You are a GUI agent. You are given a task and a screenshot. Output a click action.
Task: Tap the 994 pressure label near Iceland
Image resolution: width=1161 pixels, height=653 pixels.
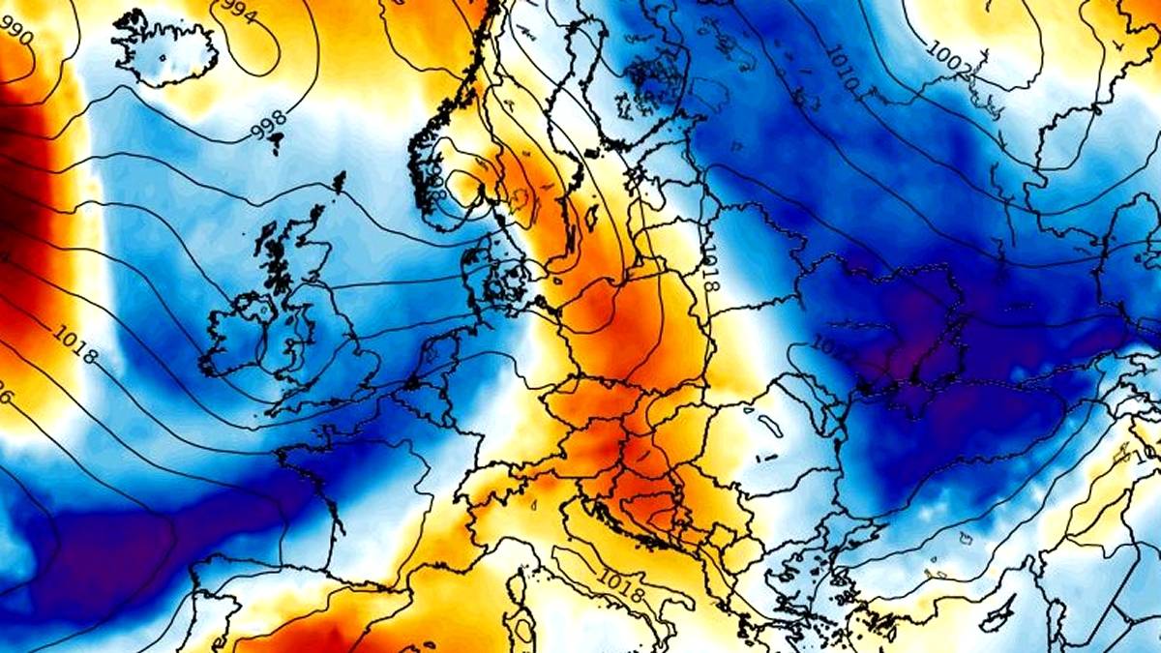[238, 12]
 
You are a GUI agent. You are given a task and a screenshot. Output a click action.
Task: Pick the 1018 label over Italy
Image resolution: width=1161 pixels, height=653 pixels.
[623, 585]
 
